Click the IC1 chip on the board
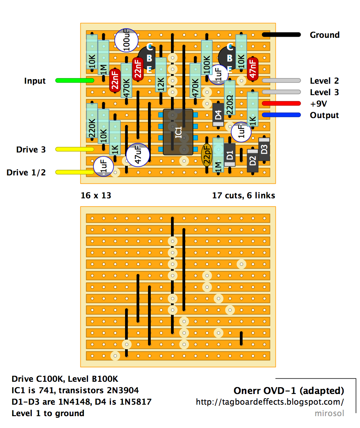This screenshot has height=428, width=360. click(178, 132)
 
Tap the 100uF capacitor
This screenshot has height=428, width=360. click(127, 40)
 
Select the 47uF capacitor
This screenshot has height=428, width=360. click(137, 155)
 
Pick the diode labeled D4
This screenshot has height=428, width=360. click(218, 115)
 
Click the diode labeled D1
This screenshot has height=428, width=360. click(230, 155)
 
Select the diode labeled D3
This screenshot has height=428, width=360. click(264, 149)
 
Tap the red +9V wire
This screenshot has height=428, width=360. click(281, 104)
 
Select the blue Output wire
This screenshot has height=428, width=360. click(281, 115)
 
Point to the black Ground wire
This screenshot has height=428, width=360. click(281, 35)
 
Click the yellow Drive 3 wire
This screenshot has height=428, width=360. click(75, 149)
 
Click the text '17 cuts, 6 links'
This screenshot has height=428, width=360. click(243, 195)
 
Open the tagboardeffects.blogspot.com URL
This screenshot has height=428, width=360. click(270, 402)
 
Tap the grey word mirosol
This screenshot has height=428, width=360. click(329, 413)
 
